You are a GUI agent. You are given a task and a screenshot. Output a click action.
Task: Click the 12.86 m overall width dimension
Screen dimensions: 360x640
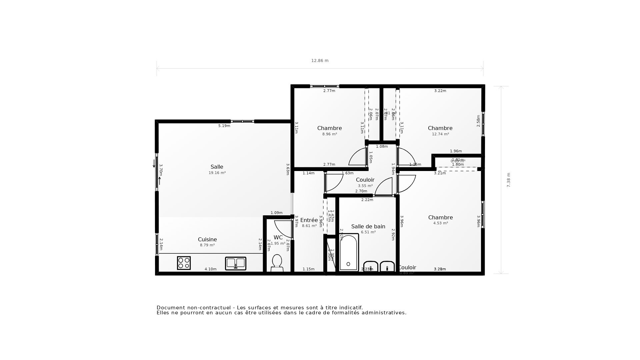coord(320,61)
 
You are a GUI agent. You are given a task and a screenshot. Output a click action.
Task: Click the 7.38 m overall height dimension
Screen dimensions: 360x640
coord(509,180)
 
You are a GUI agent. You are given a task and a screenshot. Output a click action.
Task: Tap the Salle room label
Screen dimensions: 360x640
coord(217,167)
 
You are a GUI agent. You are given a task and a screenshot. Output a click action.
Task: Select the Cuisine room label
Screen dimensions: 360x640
coord(207,240)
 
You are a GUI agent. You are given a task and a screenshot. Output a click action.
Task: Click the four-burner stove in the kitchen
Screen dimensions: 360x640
coord(184,263)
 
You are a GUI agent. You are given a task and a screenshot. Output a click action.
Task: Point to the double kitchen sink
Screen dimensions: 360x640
coord(236,263)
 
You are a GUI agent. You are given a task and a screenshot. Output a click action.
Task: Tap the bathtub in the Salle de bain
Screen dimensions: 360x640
coord(349,253)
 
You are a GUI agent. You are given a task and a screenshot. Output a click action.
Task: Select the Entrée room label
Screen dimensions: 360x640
coord(309,220)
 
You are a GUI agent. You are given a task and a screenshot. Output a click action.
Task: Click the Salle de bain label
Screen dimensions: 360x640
coord(368,227)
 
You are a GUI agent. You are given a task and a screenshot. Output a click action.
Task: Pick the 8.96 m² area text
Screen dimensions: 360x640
coord(329,134)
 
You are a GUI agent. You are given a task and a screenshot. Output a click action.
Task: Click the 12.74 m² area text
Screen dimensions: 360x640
coord(440,134)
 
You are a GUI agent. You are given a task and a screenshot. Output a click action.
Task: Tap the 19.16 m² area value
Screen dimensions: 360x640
coord(217,173)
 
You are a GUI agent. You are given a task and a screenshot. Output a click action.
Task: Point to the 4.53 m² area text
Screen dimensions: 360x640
coord(440,223)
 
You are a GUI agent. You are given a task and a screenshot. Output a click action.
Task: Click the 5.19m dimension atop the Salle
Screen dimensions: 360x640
coord(224,126)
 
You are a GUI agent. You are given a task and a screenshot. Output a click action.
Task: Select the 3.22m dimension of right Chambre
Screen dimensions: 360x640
coord(440,91)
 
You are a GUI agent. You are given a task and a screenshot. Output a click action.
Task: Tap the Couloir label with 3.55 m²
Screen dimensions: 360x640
coord(365,180)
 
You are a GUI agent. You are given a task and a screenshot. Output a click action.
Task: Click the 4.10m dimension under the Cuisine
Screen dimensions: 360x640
coord(210,269)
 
